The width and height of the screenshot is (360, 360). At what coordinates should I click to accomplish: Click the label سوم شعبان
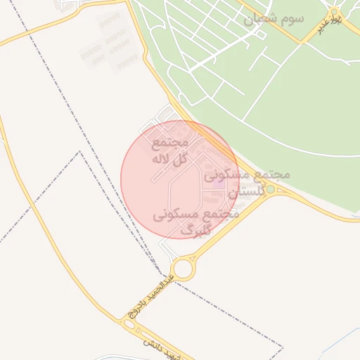pos(274,18)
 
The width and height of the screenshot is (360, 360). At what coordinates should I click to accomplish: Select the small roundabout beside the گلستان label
pos(271,189)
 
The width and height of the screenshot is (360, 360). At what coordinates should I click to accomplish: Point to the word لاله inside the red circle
pos(162,159)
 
